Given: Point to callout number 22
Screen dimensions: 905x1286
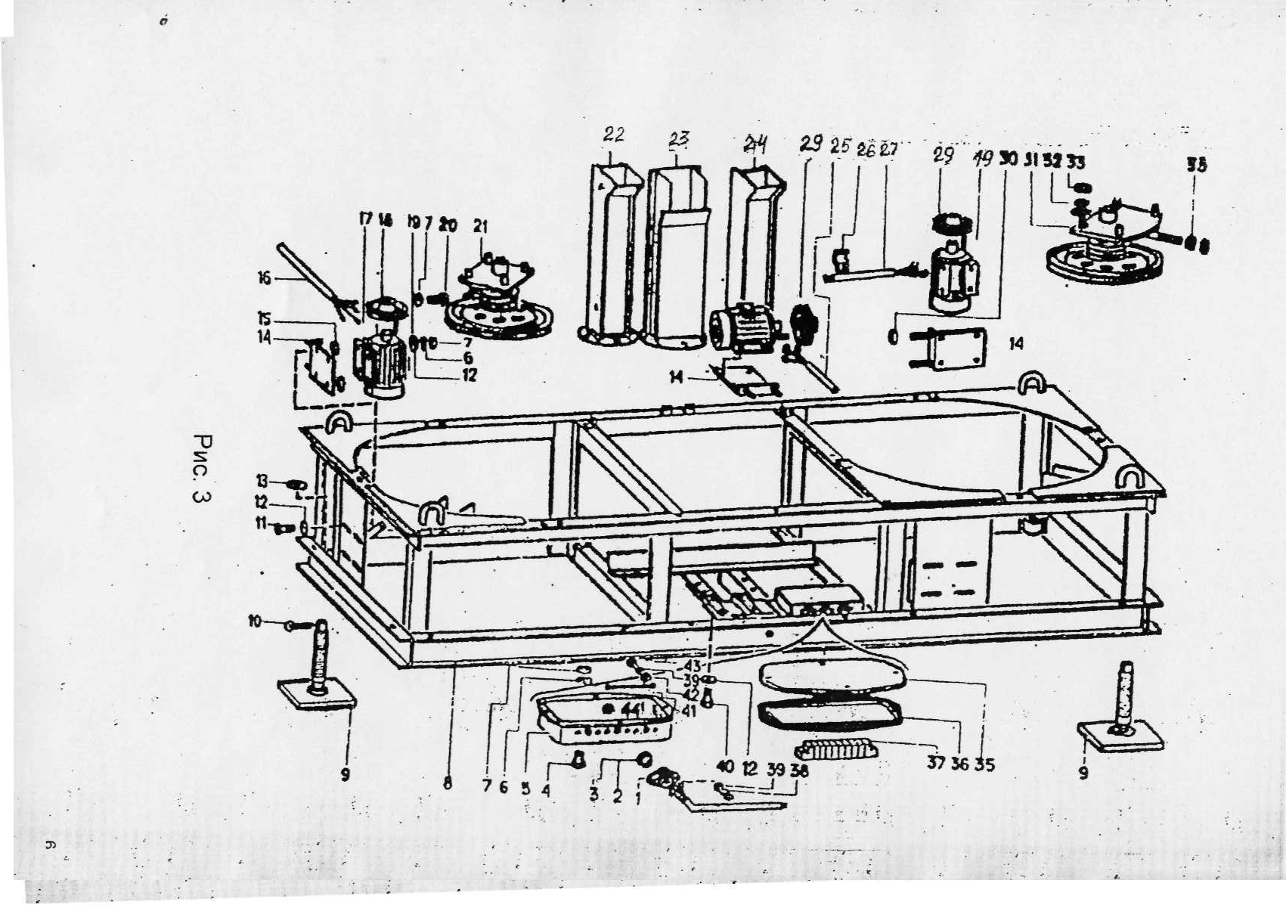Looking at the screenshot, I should pyautogui.click(x=613, y=135).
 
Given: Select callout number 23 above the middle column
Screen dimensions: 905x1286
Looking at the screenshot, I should pyautogui.click(x=679, y=138).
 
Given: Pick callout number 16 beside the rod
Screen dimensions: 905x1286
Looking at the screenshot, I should pyautogui.click(x=264, y=279).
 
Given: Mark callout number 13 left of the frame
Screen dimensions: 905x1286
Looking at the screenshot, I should pyautogui.click(x=262, y=482).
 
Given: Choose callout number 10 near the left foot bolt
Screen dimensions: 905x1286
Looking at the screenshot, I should pyautogui.click(x=255, y=621).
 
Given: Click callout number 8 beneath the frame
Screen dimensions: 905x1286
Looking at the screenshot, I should pyautogui.click(x=448, y=784).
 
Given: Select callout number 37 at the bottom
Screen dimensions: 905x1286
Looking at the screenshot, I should pyautogui.click(x=937, y=764).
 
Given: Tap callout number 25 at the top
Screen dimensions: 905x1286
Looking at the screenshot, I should pyautogui.click(x=840, y=145).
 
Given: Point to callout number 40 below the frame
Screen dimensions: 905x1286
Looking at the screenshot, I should pyautogui.click(x=725, y=767).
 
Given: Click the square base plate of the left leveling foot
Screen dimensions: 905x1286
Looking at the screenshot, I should pyautogui.click(x=316, y=693).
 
